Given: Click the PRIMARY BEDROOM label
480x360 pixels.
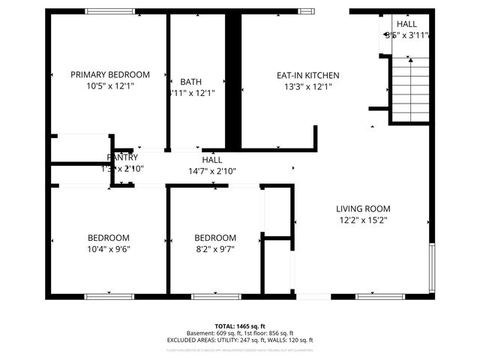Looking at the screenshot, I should coord(109,75).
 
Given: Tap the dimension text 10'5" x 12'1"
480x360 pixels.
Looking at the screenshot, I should coord(109,86).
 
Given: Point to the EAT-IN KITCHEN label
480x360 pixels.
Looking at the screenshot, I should coord(308,75).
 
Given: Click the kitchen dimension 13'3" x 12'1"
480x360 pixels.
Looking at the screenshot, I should coord(308,86).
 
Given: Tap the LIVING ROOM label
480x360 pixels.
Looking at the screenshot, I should coord(363,208).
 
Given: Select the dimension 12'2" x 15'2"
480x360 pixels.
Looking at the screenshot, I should coord(363,220).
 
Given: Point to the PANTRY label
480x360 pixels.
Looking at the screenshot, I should coord(122,157).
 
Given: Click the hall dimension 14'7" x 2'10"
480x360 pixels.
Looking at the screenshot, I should coord(212,171).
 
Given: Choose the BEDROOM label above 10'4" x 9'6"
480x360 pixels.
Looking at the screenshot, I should coord(109,238).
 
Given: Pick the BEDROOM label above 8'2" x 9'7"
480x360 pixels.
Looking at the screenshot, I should coord(215,238).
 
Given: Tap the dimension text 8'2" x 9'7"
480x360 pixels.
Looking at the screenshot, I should coord(215,249).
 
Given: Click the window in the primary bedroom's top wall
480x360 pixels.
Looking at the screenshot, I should coord(110,11).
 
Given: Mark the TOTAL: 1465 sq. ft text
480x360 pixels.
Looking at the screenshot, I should coord(240,326).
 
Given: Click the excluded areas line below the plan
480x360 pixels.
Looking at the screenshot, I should coord(240,340).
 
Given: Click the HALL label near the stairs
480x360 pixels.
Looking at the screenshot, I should coord(407,24).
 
